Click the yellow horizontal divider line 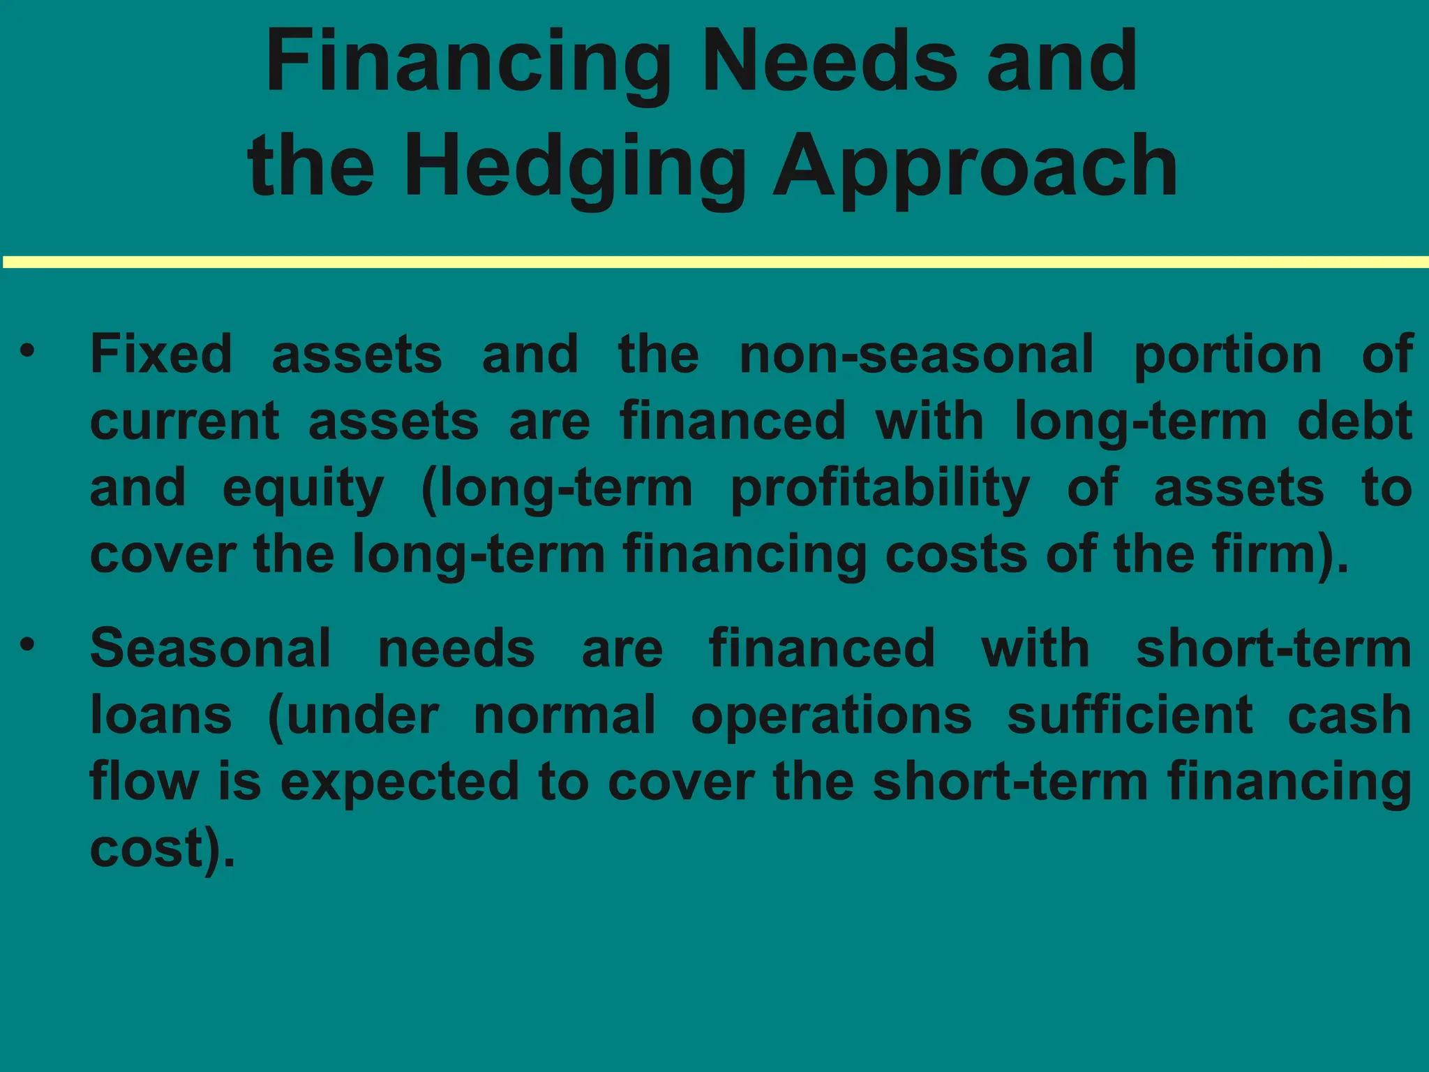click(x=714, y=262)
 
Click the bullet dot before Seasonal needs click(x=27, y=644)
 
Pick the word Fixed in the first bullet click(x=161, y=354)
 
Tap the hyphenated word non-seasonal click(x=916, y=354)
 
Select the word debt click(x=1355, y=421)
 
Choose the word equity click(x=303, y=489)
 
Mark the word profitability click(x=880, y=489)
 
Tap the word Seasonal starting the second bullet click(x=211, y=648)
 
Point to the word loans click(x=161, y=715)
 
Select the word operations click(x=831, y=716)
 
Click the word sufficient click(x=1130, y=715)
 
